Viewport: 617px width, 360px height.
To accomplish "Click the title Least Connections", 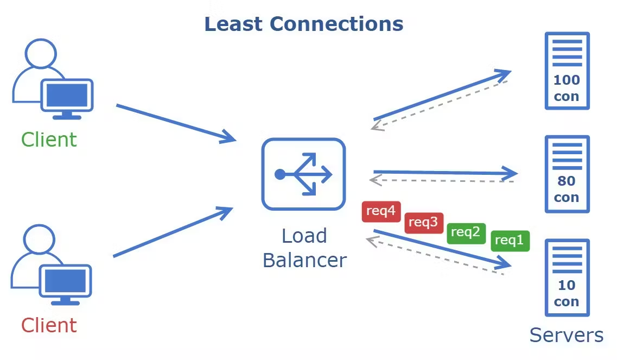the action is [304, 24].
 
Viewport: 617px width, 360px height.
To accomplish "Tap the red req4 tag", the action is [381, 211].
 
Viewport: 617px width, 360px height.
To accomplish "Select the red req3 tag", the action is [424, 223].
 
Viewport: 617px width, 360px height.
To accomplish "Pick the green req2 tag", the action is [466, 233].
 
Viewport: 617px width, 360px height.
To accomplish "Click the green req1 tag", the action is [510, 241].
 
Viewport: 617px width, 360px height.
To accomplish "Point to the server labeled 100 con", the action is [567, 71].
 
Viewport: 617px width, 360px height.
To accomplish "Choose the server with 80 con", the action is [567, 174].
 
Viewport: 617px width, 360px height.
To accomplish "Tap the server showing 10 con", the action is [567, 277].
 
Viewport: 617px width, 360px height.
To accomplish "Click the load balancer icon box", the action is [303, 174].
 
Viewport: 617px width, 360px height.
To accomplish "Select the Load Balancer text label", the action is [304, 248].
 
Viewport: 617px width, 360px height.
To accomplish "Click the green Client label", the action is [49, 140].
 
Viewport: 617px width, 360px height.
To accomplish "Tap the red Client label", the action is [49, 325].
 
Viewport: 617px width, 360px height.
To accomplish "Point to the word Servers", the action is [566, 336].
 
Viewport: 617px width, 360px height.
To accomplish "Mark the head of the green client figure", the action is [41, 53].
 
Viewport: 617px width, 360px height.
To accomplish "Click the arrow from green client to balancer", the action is [176, 123].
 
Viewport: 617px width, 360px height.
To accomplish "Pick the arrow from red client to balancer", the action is [173, 232].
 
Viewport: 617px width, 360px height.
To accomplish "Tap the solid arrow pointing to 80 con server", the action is [446, 173].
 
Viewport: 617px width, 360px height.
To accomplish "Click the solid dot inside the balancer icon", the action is [280, 174].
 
